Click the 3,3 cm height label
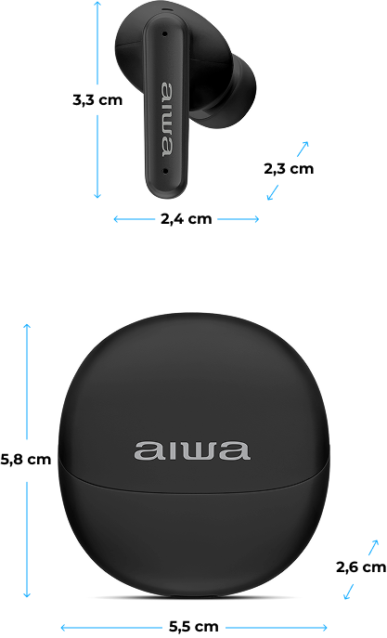tap(97, 99)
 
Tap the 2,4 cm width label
tap(187, 219)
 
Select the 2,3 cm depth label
tap(289, 168)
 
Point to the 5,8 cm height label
tap(26, 460)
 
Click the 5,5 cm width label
tap(193, 626)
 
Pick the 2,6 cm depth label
tap(361, 566)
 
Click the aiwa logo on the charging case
tap(191, 450)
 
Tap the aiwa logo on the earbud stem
tap(167, 120)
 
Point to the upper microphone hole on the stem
tap(164, 33)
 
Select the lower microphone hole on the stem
tap(165, 171)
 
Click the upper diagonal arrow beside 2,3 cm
tap(303, 149)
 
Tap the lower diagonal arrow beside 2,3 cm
tap(273, 192)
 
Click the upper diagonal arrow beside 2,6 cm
tap(373, 547)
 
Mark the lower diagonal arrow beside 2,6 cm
tap(348, 592)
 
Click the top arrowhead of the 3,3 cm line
tap(97, 4)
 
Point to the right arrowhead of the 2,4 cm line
tap(256, 219)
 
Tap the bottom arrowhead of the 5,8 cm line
tap(27, 594)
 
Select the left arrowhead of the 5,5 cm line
tap(64, 627)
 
